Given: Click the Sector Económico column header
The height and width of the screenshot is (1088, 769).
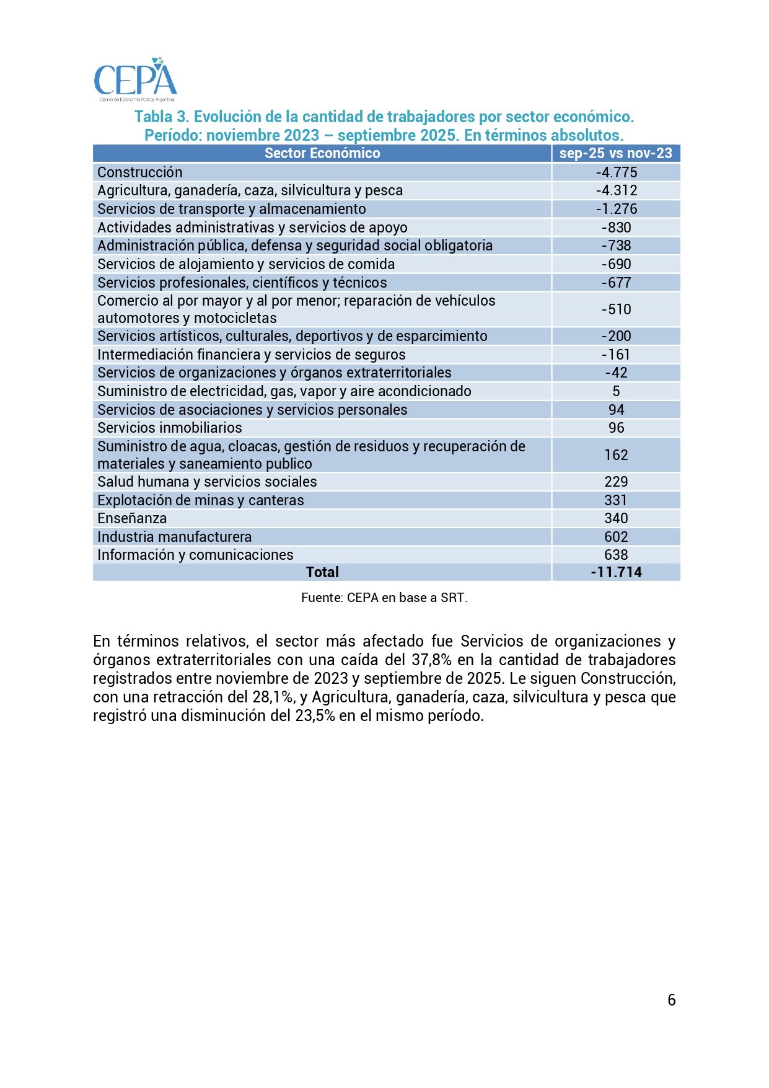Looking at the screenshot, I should click(x=322, y=154).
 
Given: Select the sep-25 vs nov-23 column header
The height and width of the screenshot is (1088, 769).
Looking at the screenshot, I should click(x=615, y=154).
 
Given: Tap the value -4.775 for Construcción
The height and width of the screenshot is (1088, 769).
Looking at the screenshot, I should click(x=616, y=172).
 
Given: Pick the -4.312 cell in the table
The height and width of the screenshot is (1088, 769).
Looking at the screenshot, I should click(x=616, y=190).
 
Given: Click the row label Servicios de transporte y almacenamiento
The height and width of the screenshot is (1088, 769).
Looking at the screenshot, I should click(x=232, y=209).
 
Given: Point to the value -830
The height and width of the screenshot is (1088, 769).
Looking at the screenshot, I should click(x=616, y=228).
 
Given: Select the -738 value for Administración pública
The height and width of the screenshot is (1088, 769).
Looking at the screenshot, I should click(x=616, y=245).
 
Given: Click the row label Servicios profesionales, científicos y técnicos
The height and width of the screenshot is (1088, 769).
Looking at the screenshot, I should click(x=242, y=283).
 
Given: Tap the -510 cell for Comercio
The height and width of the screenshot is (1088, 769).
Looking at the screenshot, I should click(x=616, y=309).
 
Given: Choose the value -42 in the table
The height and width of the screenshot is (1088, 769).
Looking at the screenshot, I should click(x=616, y=373).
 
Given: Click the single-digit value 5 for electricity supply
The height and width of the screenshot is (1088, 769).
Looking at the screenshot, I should click(x=616, y=391).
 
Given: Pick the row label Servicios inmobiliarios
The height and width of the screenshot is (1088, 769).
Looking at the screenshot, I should click(x=170, y=428).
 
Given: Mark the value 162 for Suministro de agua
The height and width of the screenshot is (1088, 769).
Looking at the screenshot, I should click(x=616, y=455).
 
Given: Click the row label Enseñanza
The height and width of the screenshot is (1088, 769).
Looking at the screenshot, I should click(x=132, y=518).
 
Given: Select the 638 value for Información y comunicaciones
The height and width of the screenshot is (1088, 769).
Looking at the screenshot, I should click(x=616, y=555).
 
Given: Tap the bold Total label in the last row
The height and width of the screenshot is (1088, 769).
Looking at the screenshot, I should click(x=322, y=572).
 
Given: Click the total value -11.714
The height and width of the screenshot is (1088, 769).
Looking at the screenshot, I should click(x=616, y=572).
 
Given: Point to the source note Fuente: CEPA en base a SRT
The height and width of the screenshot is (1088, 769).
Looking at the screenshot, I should click(x=384, y=598).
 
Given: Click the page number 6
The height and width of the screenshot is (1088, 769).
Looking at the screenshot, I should click(x=671, y=1000).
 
